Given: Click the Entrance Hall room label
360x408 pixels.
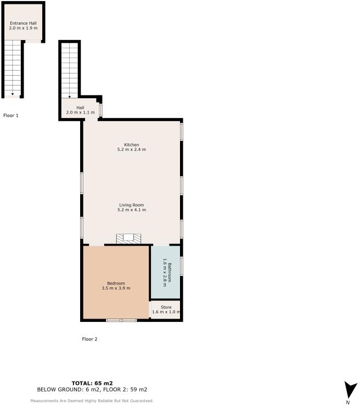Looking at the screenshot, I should point(22,23).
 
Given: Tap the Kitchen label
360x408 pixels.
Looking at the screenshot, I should point(131,145).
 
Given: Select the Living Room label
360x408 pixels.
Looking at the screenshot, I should point(131,205).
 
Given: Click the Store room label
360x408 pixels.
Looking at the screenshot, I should point(166,307).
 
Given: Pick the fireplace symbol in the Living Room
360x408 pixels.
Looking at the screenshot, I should point(128,238).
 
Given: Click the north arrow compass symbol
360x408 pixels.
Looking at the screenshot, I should point(347,390).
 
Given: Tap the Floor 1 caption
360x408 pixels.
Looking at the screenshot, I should point(11,115).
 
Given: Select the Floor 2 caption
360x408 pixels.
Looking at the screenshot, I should point(89,339).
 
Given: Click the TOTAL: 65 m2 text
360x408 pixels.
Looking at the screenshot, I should point(92,383).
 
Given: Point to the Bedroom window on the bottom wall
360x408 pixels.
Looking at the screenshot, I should point(121,320).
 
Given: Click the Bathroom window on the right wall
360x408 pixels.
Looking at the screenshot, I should point(182,265).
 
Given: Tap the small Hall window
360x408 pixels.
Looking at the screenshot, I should point(100,109).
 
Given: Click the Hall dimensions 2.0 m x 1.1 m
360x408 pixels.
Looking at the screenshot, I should point(80,112).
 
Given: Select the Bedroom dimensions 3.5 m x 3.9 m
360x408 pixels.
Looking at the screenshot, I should point(116,288).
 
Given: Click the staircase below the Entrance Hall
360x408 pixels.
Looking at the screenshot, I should point(13,68).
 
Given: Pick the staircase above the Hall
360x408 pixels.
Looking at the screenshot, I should point(70,70).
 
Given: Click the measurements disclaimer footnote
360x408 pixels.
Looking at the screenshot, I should point(92,401).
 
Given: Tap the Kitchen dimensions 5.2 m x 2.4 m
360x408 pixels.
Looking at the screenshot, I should point(131,149).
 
